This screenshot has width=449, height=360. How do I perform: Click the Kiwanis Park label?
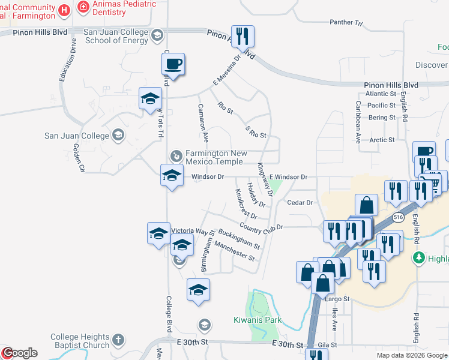click(257, 320)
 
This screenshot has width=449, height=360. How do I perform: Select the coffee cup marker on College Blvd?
click(173, 64)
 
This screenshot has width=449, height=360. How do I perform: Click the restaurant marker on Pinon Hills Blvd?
click(243, 37)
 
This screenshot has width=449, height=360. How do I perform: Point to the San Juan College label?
click(77, 136)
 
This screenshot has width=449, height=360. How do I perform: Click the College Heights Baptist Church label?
click(80, 341)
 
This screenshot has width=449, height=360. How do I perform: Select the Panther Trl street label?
click(346, 23)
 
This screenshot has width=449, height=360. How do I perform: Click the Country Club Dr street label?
click(261, 227)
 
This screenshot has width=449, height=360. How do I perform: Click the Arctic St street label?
click(382, 140)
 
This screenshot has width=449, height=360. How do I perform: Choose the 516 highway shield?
click(398, 216)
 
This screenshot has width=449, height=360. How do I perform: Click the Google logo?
click(19, 353)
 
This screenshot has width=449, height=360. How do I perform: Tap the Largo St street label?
click(337, 298)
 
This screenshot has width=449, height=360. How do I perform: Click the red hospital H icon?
click(64, 10)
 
